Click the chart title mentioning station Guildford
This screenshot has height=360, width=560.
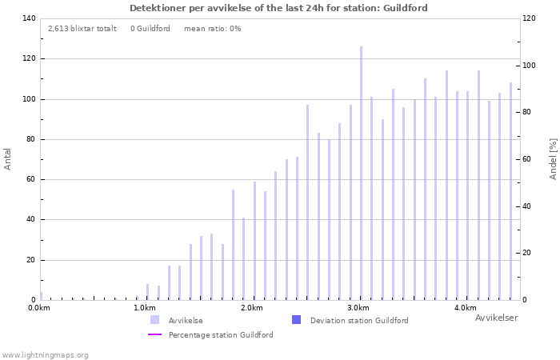278,8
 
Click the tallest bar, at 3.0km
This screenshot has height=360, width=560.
361,173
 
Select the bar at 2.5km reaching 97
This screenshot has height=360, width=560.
307,202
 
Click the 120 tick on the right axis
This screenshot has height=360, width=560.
530,18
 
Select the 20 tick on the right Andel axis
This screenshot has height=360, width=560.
527,253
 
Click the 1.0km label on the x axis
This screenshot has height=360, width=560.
145,308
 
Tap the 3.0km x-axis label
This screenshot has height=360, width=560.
358,308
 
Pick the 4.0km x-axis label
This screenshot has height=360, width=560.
465,308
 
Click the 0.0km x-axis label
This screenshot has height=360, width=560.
39,308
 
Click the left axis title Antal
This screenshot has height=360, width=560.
8,158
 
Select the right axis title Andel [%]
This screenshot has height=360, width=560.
553,158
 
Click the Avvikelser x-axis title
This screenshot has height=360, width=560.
496,318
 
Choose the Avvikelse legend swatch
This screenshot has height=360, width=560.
154,320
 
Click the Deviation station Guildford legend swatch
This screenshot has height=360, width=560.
296,320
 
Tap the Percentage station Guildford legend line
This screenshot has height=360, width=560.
154,334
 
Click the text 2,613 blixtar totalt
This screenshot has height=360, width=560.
82,29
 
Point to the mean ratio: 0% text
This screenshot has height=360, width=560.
212,29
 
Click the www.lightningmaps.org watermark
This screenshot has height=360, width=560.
45,354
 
